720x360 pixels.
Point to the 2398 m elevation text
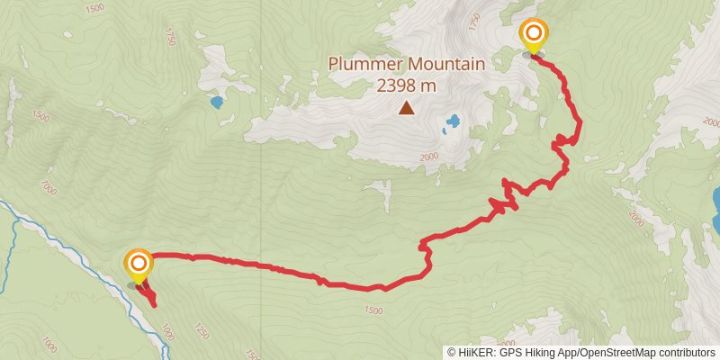[407, 85]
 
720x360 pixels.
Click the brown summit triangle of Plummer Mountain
[407, 109]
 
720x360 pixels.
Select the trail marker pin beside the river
[139, 264]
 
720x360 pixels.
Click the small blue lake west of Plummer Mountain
[216, 102]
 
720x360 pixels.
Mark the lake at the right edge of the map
[715, 209]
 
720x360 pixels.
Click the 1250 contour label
[201, 333]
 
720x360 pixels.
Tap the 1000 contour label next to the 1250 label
[167, 333]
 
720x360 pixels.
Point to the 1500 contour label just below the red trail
[373, 310]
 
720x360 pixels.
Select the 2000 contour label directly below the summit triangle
[428, 157]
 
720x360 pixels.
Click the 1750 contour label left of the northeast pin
[476, 19]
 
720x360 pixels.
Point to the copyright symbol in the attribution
[453, 353]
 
